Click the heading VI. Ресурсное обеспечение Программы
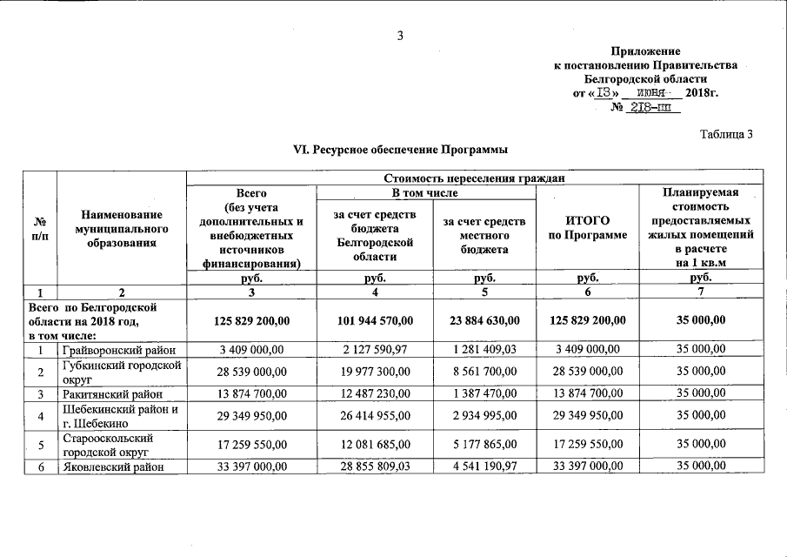coord(399,150)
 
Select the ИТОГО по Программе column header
coord(587,228)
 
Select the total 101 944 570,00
coord(375,321)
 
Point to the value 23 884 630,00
coord(484,321)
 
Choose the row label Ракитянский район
coord(105,393)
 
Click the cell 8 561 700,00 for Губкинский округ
coord(484,372)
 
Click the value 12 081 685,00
coord(375,445)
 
